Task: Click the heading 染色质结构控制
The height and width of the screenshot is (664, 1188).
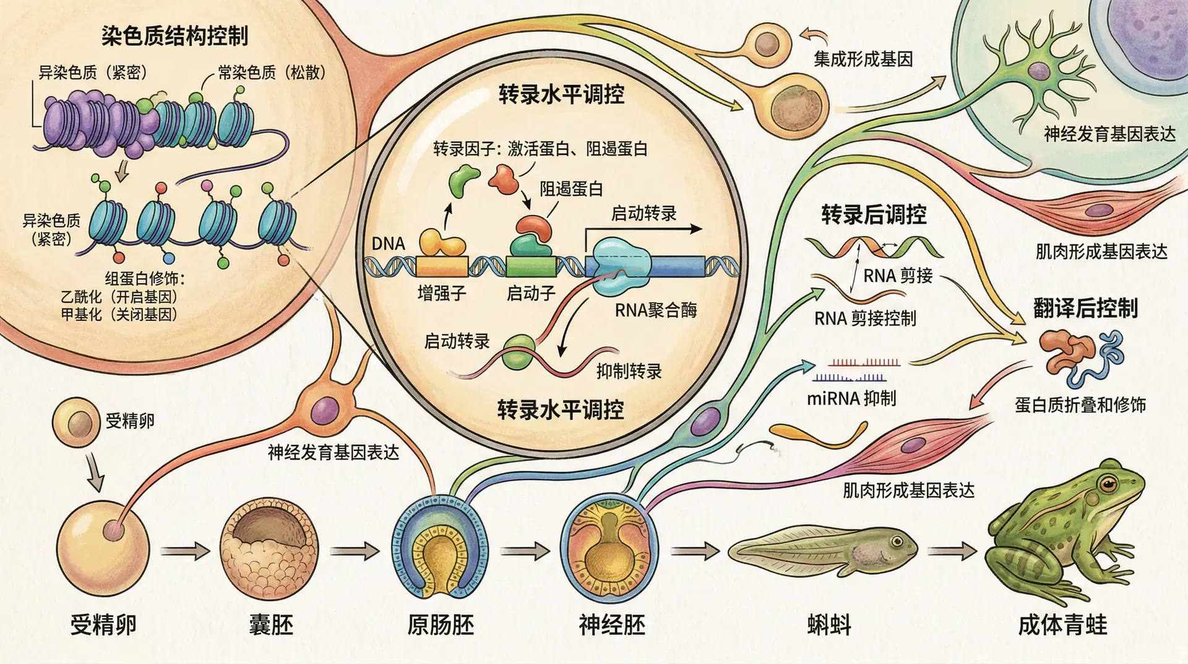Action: [x=175, y=36]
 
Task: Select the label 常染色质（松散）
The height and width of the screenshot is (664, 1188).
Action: [x=272, y=73]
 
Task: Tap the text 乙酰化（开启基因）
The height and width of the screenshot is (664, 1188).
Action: [x=119, y=297]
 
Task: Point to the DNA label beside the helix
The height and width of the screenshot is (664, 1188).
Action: [x=388, y=243]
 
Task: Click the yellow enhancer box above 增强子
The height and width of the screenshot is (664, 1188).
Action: [x=442, y=266]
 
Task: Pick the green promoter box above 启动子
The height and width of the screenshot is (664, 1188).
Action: [x=531, y=266]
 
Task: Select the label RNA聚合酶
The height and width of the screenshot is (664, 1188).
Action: [x=656, y=310]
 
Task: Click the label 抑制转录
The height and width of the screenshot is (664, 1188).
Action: [x=629, y=371]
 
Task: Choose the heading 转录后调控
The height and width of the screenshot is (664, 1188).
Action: [x=874, y=215]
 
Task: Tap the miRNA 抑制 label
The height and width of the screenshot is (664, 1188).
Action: [x=851, y=398]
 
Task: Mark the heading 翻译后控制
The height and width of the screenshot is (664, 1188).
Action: [x=1085, y=308]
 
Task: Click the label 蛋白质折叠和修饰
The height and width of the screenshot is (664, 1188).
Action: [x=1080, y=405]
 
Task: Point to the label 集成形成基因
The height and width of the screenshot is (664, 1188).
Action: [x=863, y=59]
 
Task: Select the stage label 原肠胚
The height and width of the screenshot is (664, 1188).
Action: [x=441, y=624]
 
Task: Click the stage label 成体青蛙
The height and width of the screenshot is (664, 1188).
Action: [x=1062, y=624]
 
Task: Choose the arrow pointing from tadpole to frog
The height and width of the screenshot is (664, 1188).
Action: [x=952, y=551]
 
